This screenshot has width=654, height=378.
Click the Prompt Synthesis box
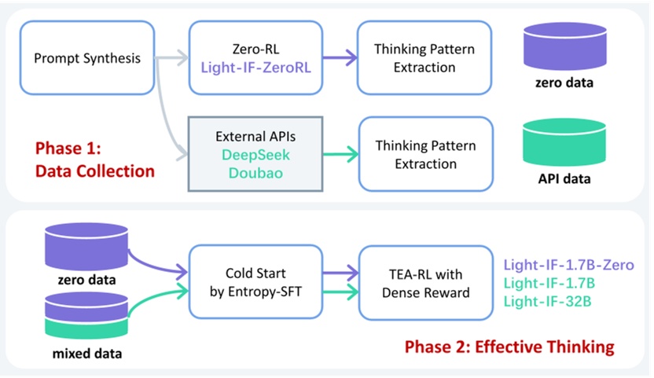point(87,58)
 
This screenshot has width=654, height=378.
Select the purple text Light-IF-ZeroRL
point(255,68)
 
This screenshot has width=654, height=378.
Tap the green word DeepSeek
point(255,155)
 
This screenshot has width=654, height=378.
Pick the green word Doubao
point(255,173)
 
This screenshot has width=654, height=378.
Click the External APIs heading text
point(255,137)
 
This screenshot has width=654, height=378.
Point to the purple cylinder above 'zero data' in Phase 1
point(564,46)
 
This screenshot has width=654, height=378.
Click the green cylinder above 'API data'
point(564,142)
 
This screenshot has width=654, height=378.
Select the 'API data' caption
point(564,179)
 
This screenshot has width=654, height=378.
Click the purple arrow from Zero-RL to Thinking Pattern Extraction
point(340,57)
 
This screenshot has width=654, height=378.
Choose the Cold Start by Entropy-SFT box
point(255,282)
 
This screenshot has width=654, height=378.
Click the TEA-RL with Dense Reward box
point(426,283)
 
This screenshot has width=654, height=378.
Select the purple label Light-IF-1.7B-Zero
point(569,265)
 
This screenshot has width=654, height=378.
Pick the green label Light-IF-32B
point(547,301)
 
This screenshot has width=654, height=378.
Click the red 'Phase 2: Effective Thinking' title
point(509,347)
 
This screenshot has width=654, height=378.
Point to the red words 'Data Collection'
point(95,171)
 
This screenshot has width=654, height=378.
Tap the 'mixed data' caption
point(87,354)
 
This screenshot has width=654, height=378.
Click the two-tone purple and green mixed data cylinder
point(86,315)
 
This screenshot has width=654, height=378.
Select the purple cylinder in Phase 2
point(86,247)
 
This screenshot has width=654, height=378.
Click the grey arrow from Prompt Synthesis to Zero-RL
point(172,57)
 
